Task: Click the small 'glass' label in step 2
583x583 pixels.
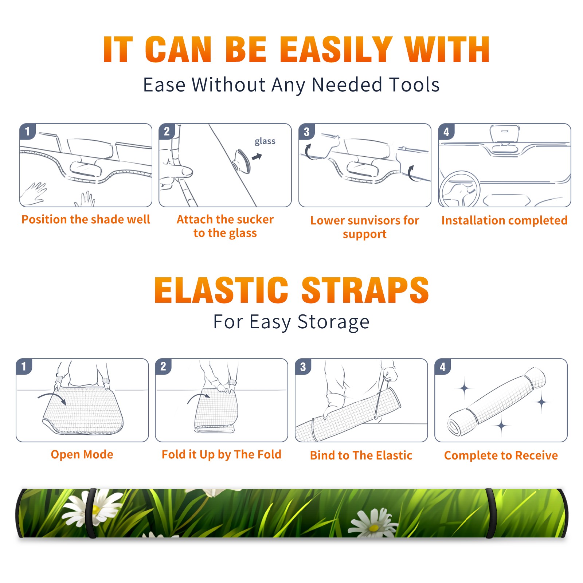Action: point(265,141)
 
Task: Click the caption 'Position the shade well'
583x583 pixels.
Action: point(86,219)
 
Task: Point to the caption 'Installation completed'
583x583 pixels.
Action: point(504,220)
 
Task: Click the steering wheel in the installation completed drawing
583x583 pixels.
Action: point(460,189)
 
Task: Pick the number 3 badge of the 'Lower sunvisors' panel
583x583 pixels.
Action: point(306,132)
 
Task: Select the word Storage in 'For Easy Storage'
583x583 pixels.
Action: point(333,322)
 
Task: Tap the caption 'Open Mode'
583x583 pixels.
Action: point(82,454)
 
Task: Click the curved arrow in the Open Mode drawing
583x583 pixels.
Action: point(52,396)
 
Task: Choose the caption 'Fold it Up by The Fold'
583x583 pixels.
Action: point(222,455)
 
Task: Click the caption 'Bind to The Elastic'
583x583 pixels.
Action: point(361,455)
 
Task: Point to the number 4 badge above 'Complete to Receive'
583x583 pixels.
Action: point(443,367)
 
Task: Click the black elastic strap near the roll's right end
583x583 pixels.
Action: point(490,513)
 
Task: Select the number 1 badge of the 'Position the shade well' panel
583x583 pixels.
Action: point(27,132)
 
